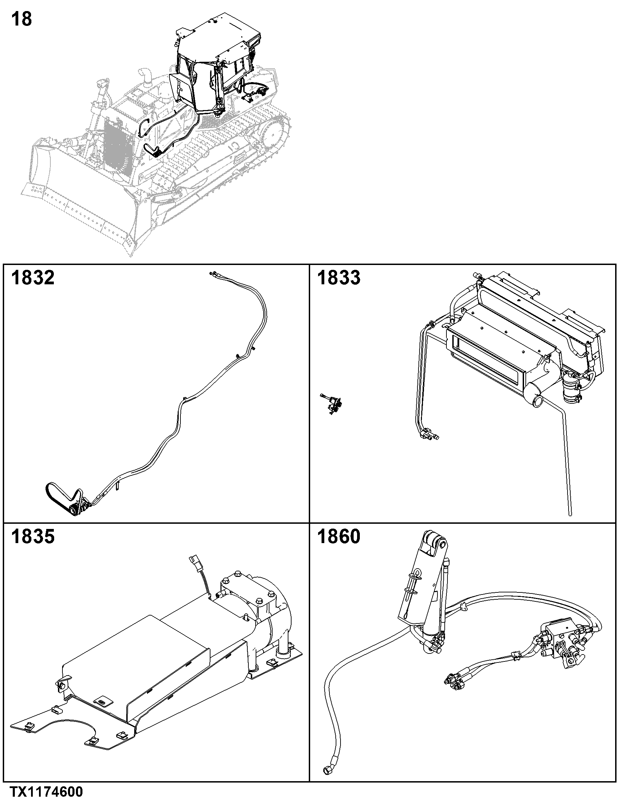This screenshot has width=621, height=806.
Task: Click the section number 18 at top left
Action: click(22, 19)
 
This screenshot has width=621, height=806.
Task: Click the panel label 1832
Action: click(33, 277)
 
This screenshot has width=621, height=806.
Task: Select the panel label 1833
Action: click(339, 277)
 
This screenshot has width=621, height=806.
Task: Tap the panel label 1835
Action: click(33, 537)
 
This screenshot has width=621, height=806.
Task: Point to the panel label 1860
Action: click(339, 537)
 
